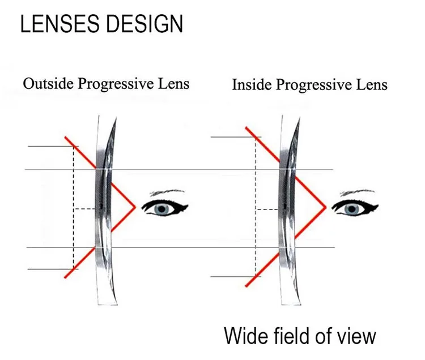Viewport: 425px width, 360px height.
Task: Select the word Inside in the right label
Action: tap(248, 85)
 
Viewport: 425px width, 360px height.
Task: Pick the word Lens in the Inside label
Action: tap(371, 85)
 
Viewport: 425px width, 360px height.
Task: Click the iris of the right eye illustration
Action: tap(356, 209)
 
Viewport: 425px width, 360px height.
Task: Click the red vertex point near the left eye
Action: tap(135, 207)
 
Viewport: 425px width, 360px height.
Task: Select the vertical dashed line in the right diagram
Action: tap(256, 226)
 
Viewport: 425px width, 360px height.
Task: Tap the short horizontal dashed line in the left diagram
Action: tap(85, 209)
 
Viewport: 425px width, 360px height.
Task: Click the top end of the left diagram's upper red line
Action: tap(65, 136)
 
